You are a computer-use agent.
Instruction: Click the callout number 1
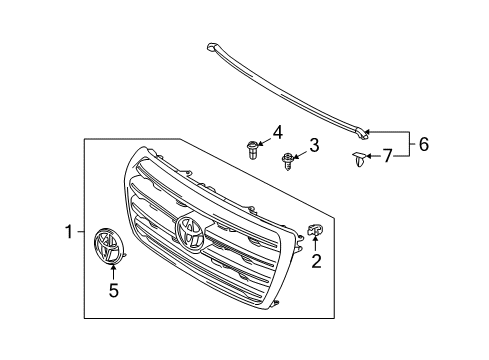click(69, 232)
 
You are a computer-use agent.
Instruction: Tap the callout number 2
click(316, 262)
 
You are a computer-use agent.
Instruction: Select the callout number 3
click(313, 147)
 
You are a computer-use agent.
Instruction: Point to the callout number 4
click(278, 130)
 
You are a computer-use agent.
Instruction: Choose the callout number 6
click(424, 144)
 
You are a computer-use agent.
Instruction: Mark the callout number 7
click(388, 155)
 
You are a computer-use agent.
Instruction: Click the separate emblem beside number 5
click(107, 247)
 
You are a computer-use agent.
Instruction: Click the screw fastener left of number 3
click(289, 158)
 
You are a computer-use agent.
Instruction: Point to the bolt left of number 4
click(250, 149)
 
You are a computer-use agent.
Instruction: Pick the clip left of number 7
click(357, 160)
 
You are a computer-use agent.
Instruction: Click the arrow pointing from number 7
click(372, 156)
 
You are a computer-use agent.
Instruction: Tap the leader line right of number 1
click(80, 232)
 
